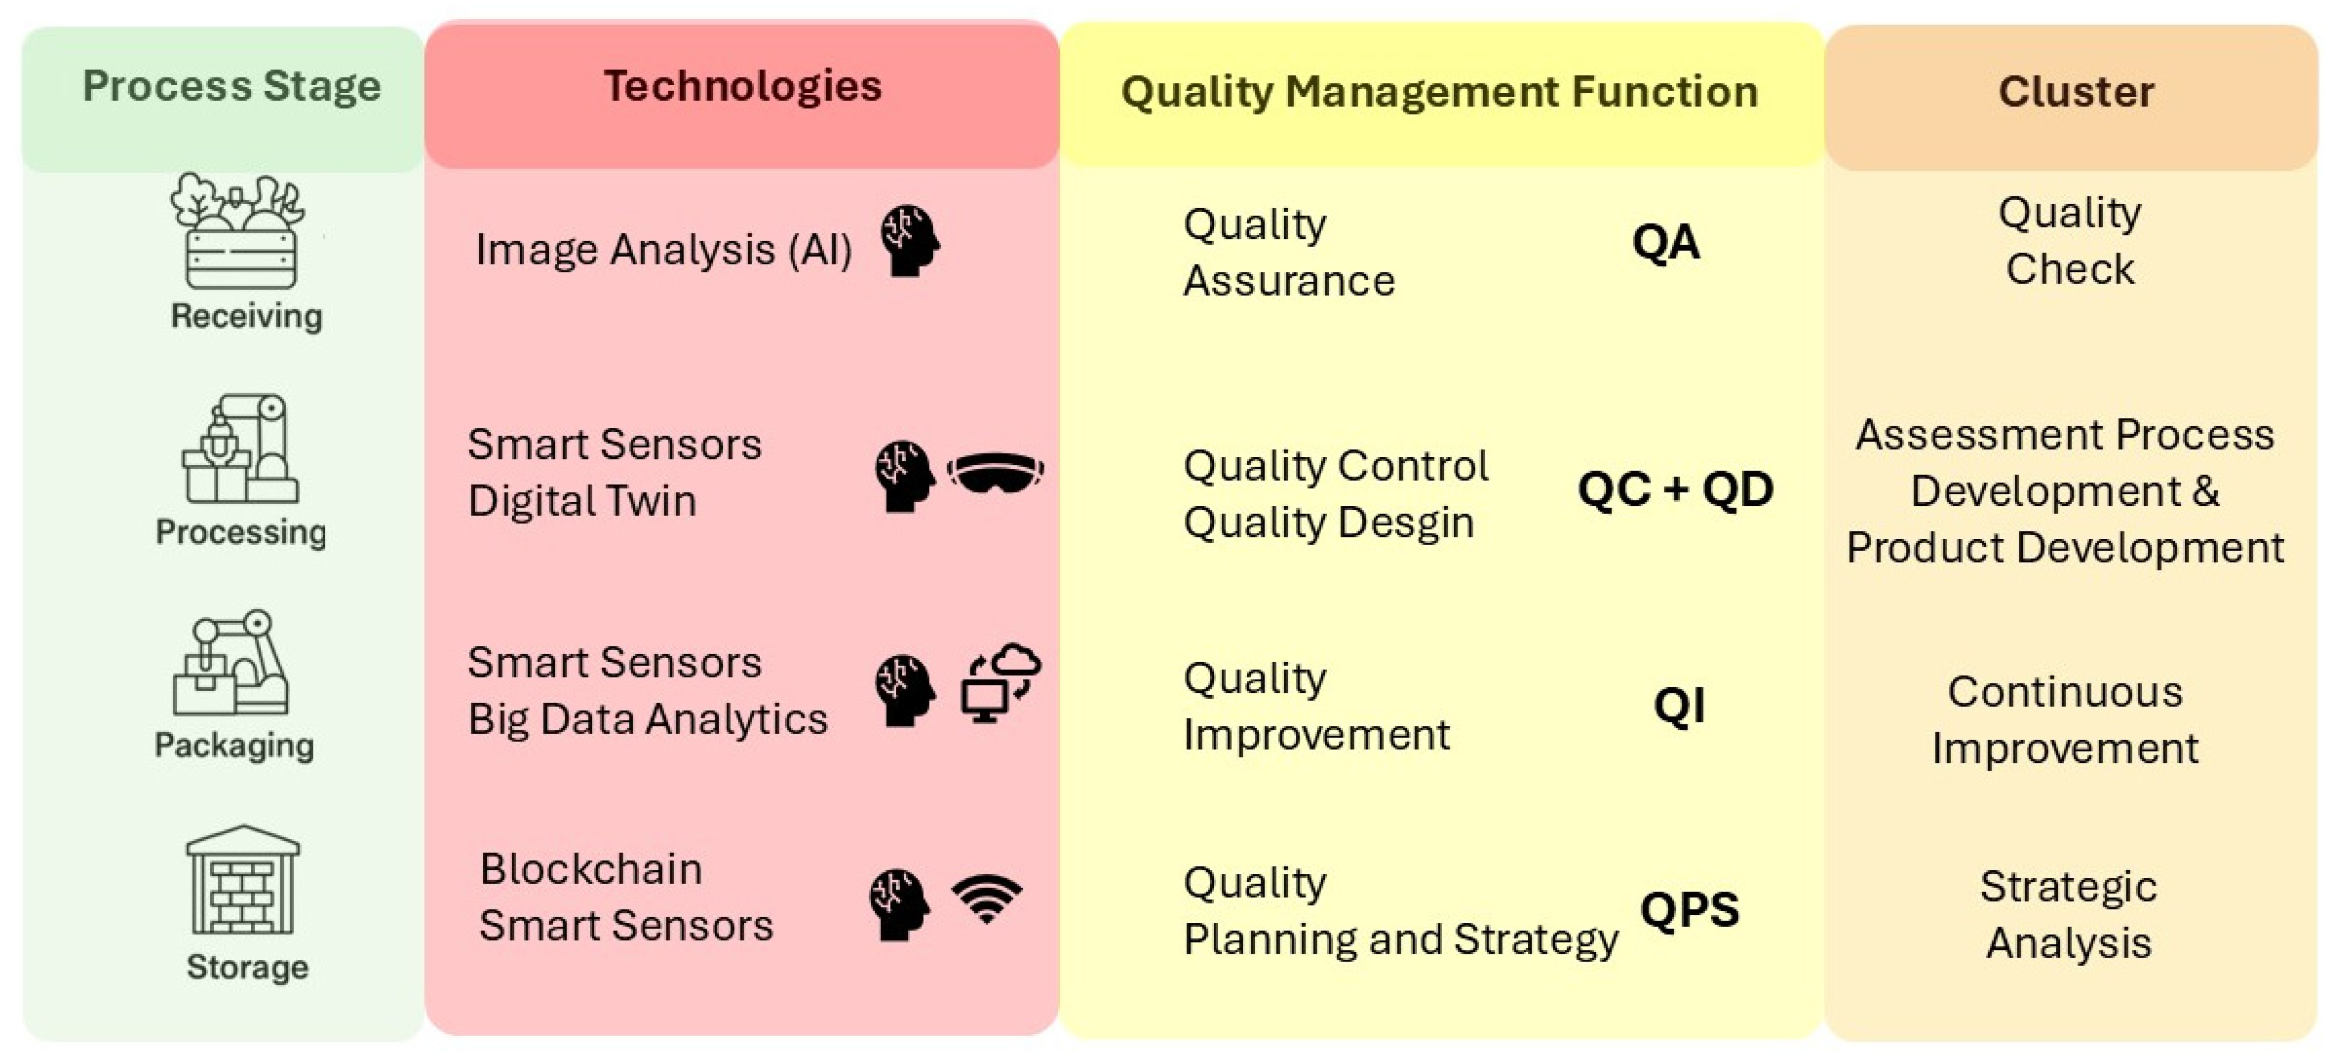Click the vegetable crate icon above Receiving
[239, 231]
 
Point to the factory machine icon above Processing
[240, 449]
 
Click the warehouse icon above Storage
[243, 879]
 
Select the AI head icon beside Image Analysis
[910, 241]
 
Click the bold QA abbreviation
[1665, 243]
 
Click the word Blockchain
[591, 869]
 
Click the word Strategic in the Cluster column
[2068, 887]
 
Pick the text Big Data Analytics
[648, 719]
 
